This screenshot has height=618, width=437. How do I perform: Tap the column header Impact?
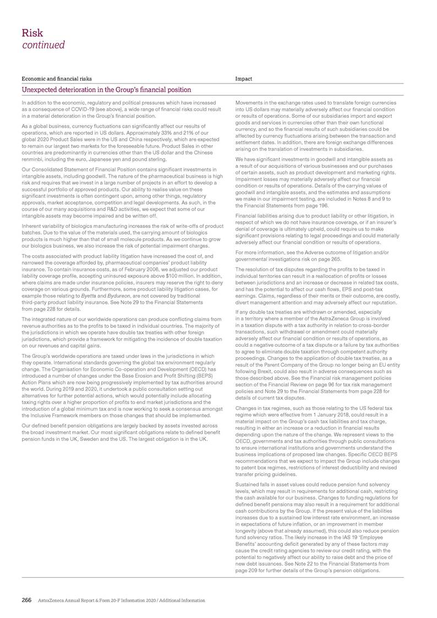click(x=243, y=79)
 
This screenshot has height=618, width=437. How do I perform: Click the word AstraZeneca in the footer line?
click(x=51, y=600)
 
